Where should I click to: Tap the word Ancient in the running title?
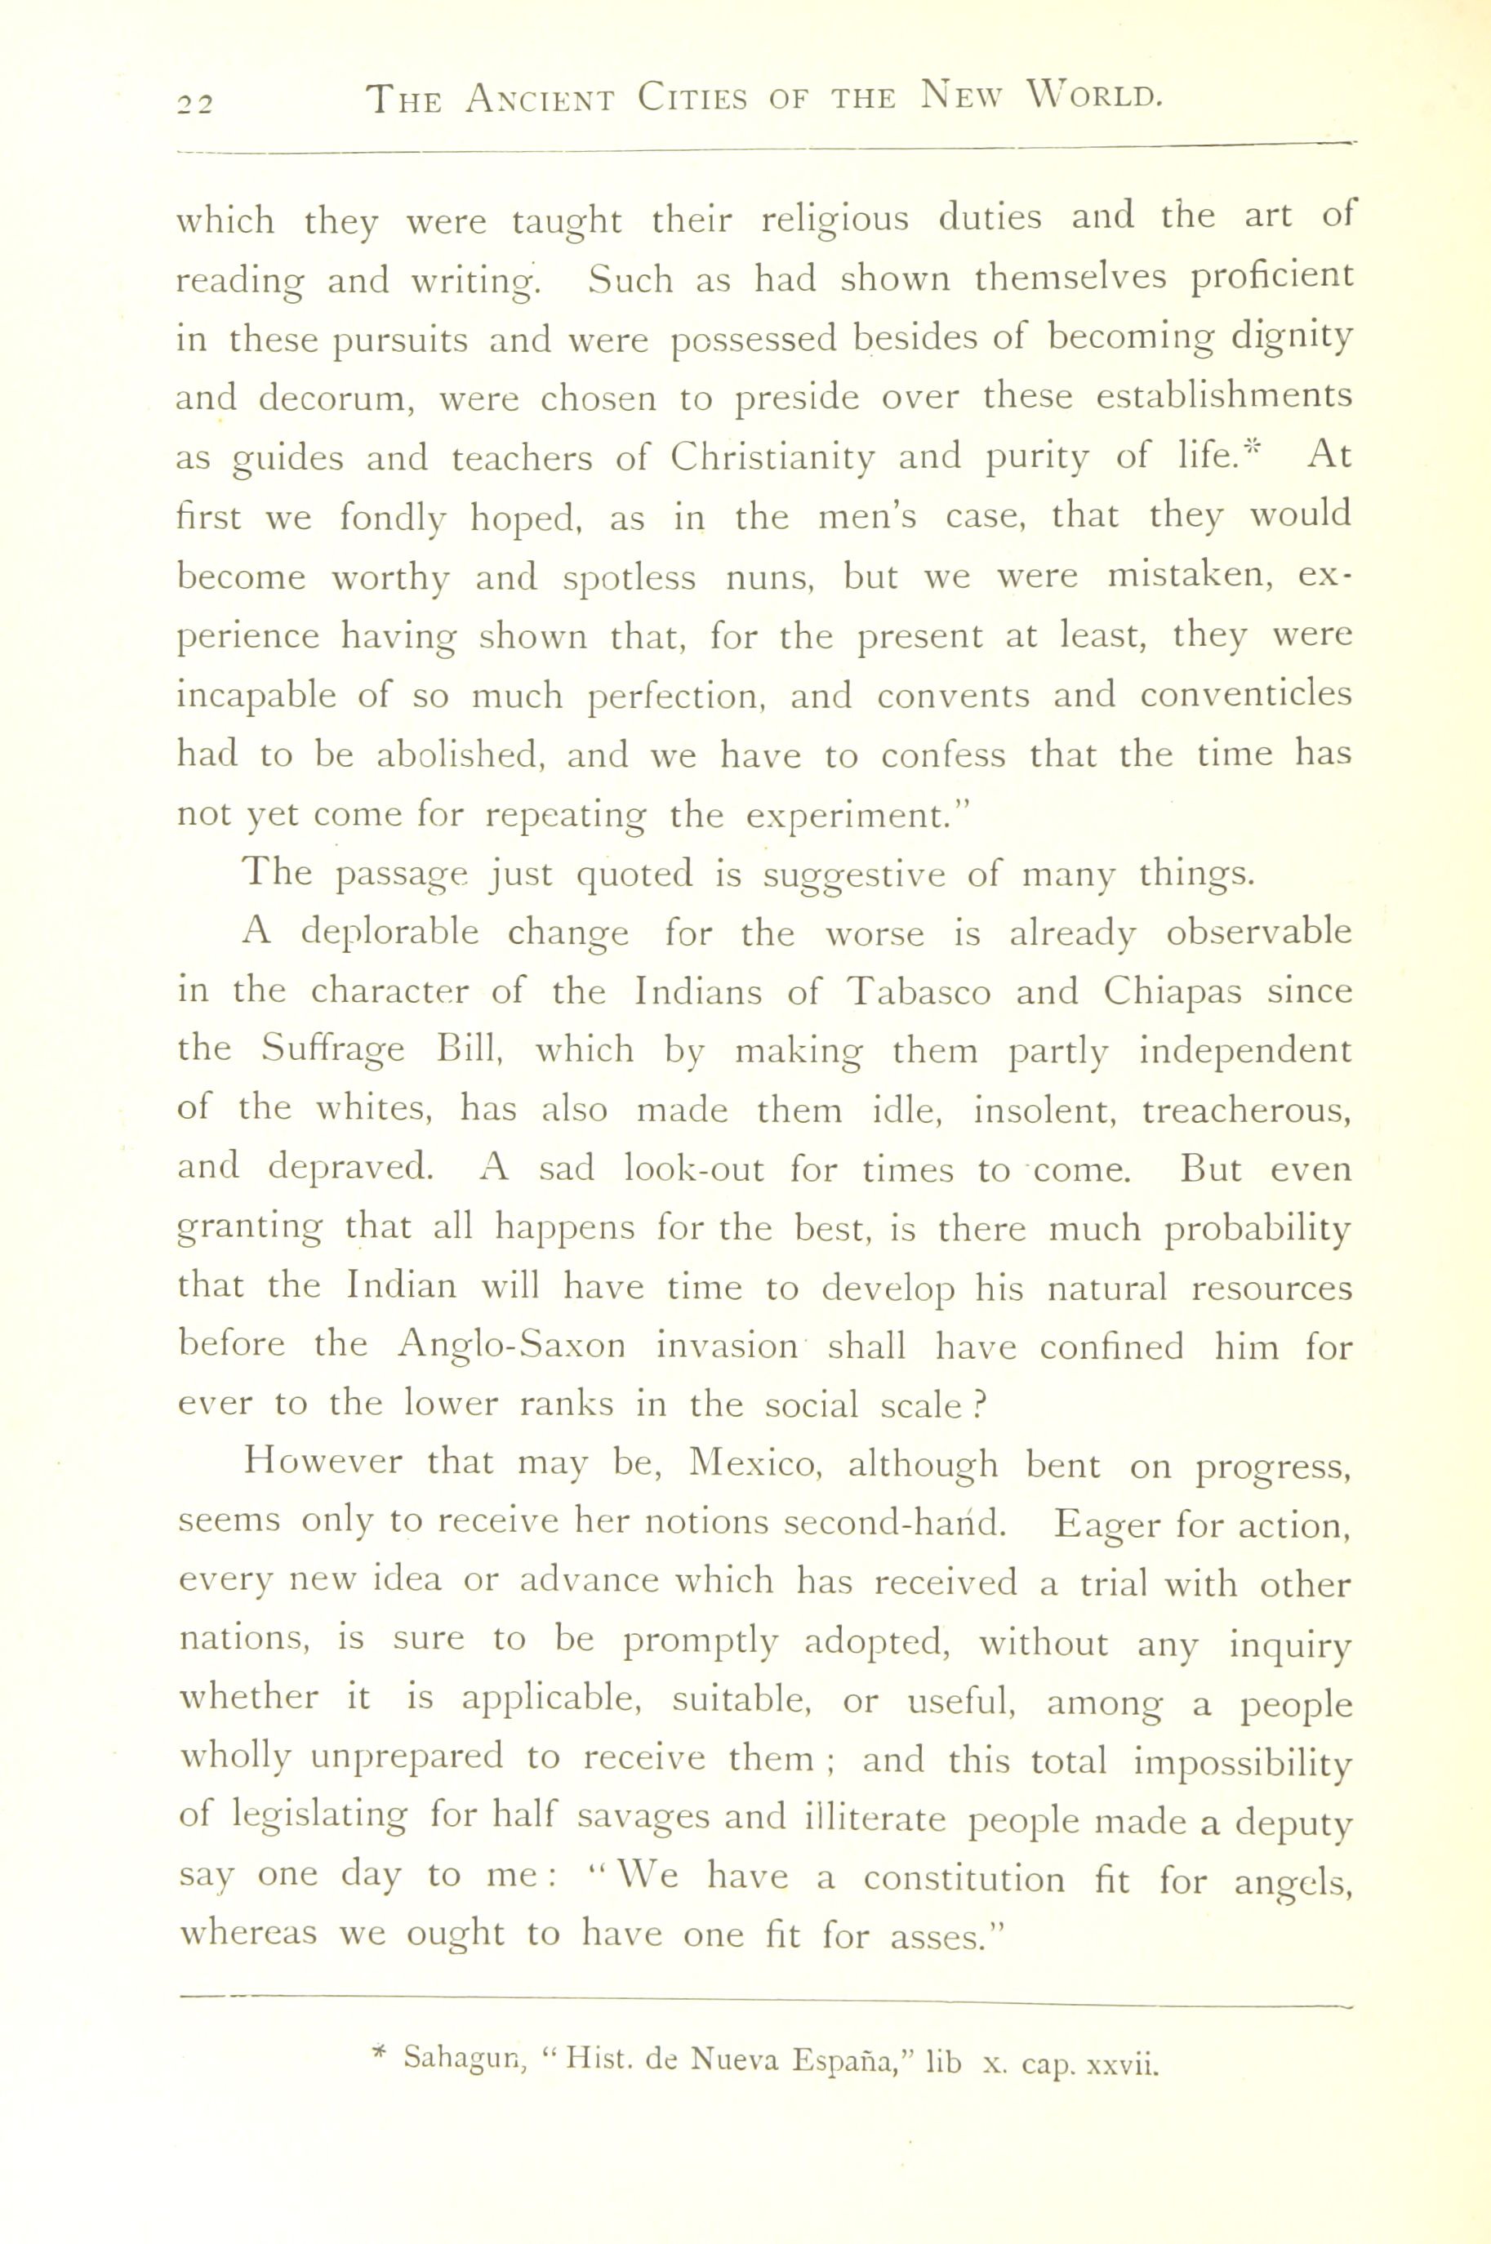540,99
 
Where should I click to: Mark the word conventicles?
1246,695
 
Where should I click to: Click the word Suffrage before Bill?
334,1051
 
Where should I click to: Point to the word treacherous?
1247,1111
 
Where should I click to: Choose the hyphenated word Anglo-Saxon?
512,1346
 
